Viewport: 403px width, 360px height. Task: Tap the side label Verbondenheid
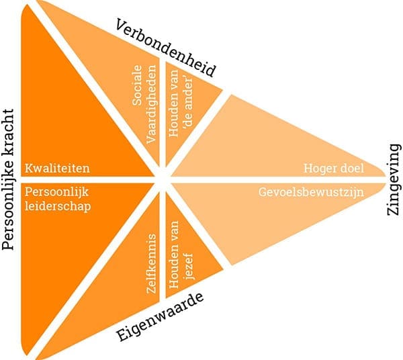(165, 48)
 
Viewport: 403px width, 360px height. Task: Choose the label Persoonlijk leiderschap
(57, 198)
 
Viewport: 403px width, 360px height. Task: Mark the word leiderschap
(57, 205)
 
